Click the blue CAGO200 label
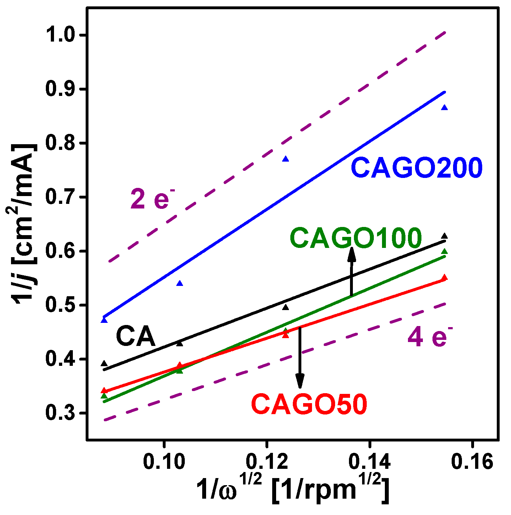(416, 168)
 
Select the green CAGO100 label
(356, 238)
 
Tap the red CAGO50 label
(309, 405)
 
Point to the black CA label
(136, 337)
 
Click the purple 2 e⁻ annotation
(152, 200)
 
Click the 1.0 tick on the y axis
(62, 35)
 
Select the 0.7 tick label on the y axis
(62, 197)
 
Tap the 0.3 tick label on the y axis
(62, 413)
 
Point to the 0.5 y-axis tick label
(62, 305)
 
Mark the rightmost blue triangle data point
(444, 108)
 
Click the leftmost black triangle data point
(104, 363)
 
